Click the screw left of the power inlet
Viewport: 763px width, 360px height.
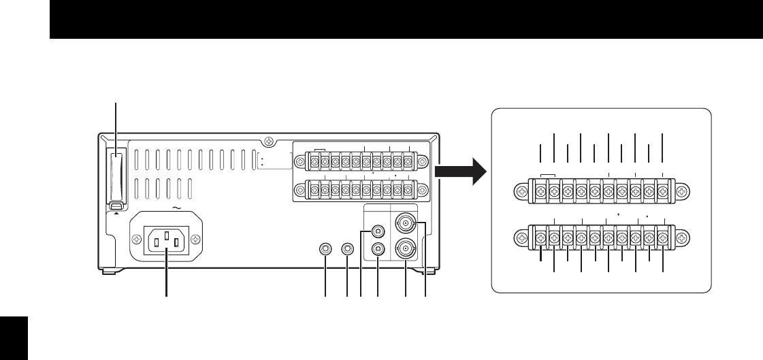[x=137, y=239]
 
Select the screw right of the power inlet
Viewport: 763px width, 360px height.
[x=196, y=239]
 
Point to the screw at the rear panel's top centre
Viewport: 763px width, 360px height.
[x=270, y=142]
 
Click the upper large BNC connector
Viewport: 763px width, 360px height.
[x=406, y=222]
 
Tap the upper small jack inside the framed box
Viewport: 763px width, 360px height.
[x=376, y=233]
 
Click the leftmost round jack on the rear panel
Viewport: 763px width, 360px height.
[x=326, y=249]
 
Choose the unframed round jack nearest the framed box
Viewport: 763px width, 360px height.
[x=348, y=249]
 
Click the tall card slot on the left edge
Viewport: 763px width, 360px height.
[x=116, y=176]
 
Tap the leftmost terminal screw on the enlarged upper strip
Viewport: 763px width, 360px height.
[x=540, y=193]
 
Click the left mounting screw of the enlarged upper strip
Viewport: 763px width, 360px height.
[x=521, y=193]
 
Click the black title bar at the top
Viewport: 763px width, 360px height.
[x=406, y=19]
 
